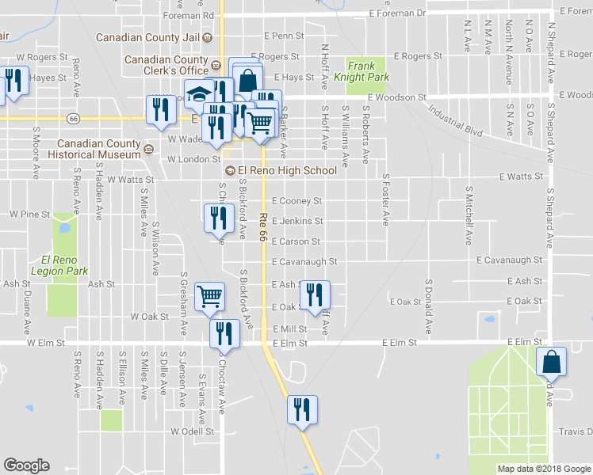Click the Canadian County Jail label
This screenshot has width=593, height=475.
click(x=149, y=37)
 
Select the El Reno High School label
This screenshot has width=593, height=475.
click(x=287, y=170)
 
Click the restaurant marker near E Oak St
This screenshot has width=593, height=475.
click(x=315, y=296)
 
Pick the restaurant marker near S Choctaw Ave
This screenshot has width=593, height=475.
click(x=224, y=333)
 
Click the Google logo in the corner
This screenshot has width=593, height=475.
click(x=26, y=465)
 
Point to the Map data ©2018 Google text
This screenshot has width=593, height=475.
click(x=544, y=469)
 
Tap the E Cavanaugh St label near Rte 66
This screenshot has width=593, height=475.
click(x=304, y=261)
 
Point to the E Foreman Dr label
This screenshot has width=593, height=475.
click(x=398, y=13)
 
